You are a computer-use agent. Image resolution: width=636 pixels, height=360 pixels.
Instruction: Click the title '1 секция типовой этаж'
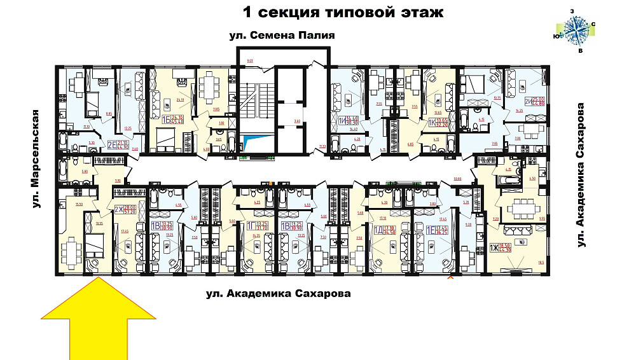click(x=343, y=13)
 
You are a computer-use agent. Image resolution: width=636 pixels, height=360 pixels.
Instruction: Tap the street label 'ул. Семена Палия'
click(x=282, y=36)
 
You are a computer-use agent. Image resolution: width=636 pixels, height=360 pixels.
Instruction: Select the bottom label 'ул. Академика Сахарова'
click(x=279, y=294)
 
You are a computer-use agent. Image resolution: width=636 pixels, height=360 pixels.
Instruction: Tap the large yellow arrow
click(x=99, y=319)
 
